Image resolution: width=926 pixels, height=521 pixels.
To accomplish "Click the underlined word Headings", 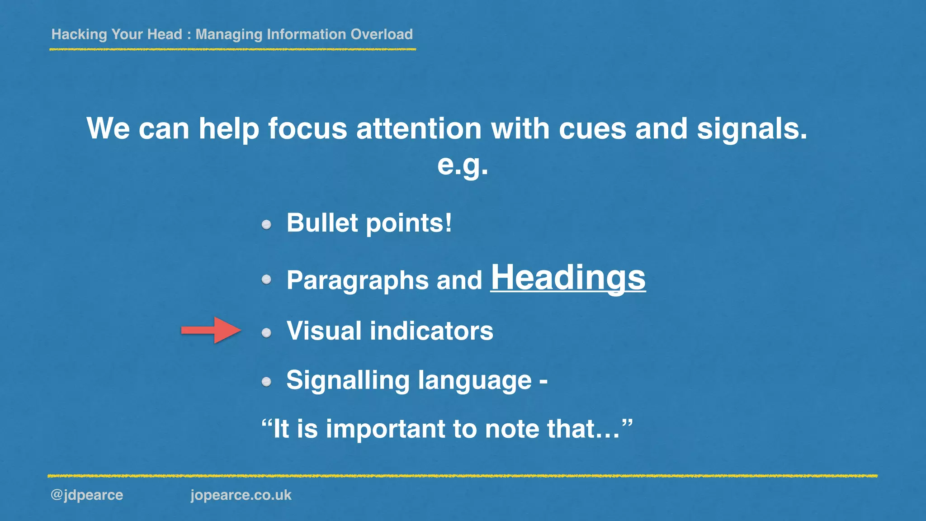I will coord(568,278).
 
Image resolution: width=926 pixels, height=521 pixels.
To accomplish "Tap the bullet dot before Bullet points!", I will coord(266,224).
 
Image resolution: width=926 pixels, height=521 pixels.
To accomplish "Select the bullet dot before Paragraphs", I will coord(266,279).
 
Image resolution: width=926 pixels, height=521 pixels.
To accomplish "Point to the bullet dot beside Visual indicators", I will coord(266,333).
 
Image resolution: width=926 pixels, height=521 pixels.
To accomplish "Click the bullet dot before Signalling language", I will coord(266,382).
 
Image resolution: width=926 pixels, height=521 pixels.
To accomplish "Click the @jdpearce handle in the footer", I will coord(87,495).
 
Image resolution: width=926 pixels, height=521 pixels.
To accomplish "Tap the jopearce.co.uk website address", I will coord(241,495).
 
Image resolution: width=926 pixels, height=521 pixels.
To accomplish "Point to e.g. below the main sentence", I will coord(463,165).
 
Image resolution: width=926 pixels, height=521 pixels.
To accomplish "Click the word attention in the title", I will coord(419,128).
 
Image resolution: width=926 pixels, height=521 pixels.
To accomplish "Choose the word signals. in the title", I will coord(751,128).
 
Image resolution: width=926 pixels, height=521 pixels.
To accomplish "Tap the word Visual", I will coord(324,331).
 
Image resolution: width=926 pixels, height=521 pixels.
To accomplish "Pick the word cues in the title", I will coord(592,129).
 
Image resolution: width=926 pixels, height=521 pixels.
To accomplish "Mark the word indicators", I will coord(431,331).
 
